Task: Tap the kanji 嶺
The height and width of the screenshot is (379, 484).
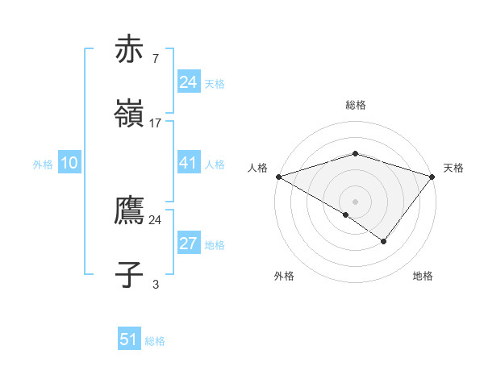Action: (x=130, y=114)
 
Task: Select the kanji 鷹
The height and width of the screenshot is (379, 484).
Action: (x=130, y=210)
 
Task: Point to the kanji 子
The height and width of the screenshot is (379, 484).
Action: (x=130, y=275)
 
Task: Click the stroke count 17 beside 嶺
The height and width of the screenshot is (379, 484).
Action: (x=156, y=123)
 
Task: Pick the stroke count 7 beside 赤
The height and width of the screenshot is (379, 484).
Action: (x=155, y=59)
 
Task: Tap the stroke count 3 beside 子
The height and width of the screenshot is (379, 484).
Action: (x=156, y=284)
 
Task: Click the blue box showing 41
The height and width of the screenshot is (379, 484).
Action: (x=188, y=163)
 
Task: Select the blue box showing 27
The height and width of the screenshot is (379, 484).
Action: (x=188, y=244)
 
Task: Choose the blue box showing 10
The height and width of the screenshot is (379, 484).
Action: (x=69, y=163)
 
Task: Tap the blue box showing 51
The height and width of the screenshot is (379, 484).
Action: (x=129, y=339)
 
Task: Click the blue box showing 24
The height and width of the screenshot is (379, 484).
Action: (x=188, y=82)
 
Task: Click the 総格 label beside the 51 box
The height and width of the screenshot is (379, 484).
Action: (x=155, y=341)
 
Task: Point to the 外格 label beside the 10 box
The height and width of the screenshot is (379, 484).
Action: (x=43, y=164)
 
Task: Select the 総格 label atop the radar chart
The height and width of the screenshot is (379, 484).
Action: (x=355, y=105)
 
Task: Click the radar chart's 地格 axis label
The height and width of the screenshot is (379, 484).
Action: (x=423, y=276)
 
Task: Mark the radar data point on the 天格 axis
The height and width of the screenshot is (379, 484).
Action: (x=432, y=176)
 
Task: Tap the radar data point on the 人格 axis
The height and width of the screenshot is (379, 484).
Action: (x=278, y=176)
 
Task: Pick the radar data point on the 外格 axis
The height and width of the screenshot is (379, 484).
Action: (x=346, y=214)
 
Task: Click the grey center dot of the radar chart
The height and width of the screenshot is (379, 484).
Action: (x=355, y=201)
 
